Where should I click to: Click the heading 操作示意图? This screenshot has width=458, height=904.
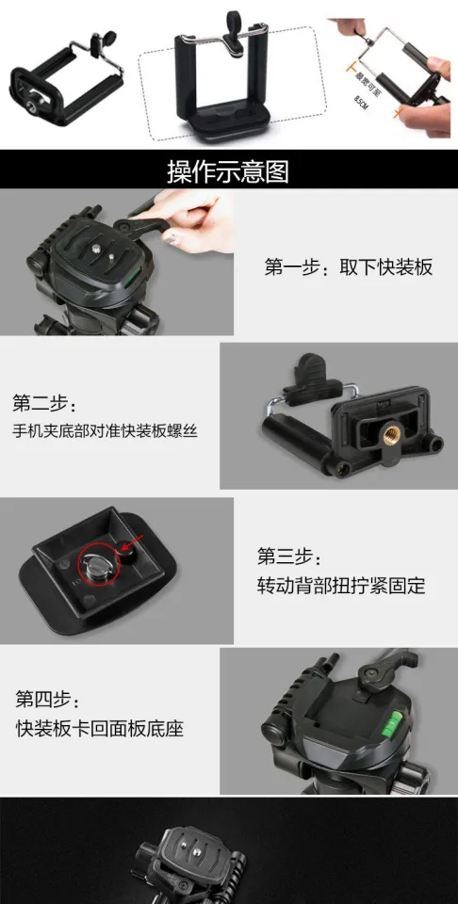click(228, 171)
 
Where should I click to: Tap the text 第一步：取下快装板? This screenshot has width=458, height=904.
click(348, 266)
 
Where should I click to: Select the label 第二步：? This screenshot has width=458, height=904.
click(40, 403)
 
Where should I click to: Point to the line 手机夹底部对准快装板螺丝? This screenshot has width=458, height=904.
click(105, 431)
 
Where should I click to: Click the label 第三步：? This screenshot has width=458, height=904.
click(289, 556)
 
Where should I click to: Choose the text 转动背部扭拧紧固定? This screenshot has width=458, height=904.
click(341, 586)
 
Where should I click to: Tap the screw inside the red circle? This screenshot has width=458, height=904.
click(94, 565)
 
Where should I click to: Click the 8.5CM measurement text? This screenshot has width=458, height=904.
click(362, 102)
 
